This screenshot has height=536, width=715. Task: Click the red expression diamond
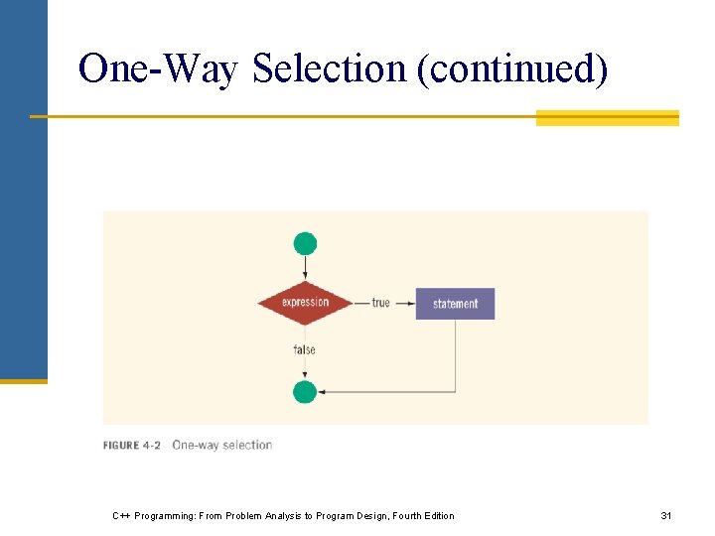pyautogui.click(x=305, y=303)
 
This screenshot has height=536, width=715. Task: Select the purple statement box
pyautogui.click(x=455, y=304)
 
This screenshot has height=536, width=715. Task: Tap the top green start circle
pyautogui.click(x=305, y=243)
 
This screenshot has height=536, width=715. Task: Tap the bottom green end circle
pyautogui.click(x=305, y=392)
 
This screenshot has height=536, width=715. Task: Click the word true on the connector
pyautogui.click(x=380, y=303)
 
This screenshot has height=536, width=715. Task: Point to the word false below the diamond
pyautogui.click(x=305, y=349)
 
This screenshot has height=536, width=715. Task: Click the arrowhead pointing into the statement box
pyautogui.click(x=410, y=304)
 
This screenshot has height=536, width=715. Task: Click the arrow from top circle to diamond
pyautogui.click(x=305, y=268)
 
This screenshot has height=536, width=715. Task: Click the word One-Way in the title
pyautogui.click(x=159, y=69)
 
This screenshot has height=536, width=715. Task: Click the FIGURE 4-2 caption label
pyautogui.click(x=131, y=446)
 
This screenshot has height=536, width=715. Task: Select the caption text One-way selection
pyautogui.click(x=221, y=446)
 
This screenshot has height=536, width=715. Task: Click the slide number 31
pyautogui.click(x=666, y=515)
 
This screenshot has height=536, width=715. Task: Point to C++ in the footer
pyautogui.click(x=121, y=515)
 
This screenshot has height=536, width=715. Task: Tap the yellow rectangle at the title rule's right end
pyautogui.click(x=607, y=118)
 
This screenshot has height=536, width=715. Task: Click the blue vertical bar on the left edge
pyautogui.click(x=23, y=189)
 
